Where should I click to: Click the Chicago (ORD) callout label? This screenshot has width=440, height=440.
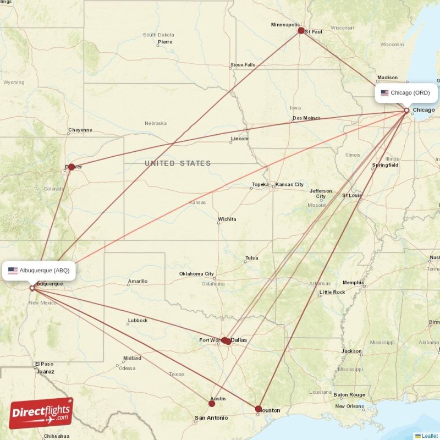406,92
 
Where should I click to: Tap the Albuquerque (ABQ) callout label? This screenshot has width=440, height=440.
38,270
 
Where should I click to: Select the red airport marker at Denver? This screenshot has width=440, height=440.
71,167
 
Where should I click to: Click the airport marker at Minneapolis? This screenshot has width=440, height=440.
301,30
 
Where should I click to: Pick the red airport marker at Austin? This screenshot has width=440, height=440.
212,403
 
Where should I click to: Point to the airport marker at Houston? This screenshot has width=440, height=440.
258,409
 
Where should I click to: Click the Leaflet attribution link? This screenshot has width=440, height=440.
430,436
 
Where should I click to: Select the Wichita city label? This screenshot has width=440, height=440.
227,219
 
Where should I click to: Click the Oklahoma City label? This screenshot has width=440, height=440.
196,274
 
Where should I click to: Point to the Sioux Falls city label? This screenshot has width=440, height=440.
243,65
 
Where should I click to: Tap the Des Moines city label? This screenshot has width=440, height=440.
306,118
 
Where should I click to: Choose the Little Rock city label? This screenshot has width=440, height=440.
332,292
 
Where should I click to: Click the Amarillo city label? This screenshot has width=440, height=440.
137,281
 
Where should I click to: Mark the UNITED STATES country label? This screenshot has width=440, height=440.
178,163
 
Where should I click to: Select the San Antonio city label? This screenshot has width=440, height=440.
211,418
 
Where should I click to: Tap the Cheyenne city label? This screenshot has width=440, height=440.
80,130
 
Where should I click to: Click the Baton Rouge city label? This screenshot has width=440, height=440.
349,395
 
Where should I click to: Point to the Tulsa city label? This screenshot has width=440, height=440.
251,258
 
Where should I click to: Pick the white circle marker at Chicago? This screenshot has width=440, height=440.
406,111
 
